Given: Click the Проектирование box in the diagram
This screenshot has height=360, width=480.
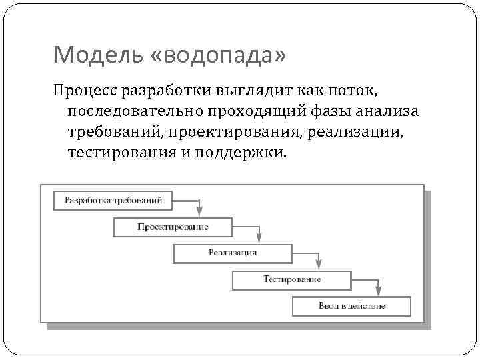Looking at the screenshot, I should click(x=173, y=227).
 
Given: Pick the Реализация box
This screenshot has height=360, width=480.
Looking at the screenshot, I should click(x=232, y=253).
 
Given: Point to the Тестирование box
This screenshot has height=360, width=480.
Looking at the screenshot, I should click(x=291, y=279).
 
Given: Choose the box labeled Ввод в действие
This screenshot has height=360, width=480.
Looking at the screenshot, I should click(x=351, y=306).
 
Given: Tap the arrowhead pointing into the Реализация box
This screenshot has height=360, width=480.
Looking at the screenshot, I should click(x=260, y=238).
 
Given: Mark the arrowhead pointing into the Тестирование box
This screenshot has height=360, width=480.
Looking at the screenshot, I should click(x=319, y=264).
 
